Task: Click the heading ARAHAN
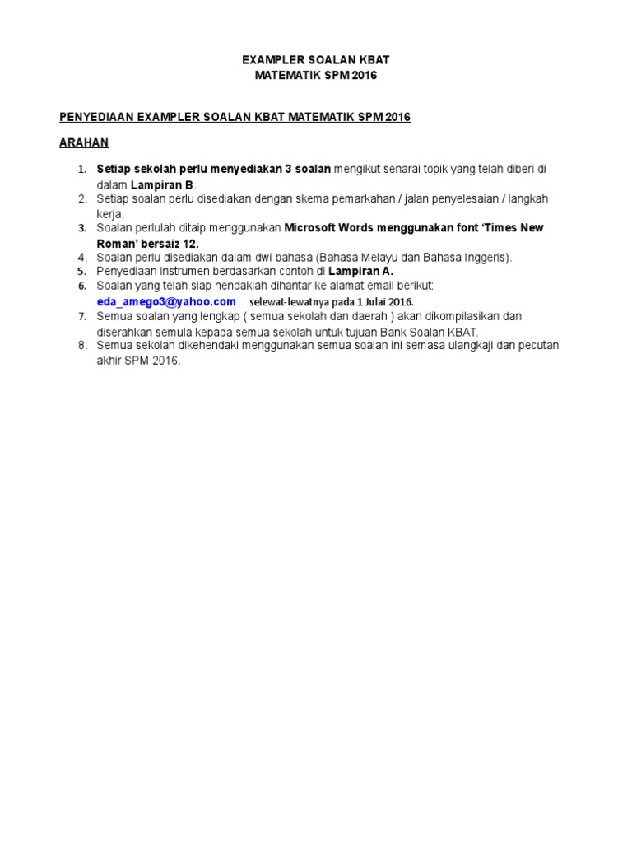tap(84, 142)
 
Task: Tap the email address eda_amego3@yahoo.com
tap(166, 301)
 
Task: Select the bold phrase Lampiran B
tap(163, 184)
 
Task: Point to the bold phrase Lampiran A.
tap(361, 271)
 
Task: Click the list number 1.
tap(82, 170)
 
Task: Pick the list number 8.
tap(82, 345)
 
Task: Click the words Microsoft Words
tap(328, 227)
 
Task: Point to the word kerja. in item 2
tap(110, 213)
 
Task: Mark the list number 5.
tap(82, 271)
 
